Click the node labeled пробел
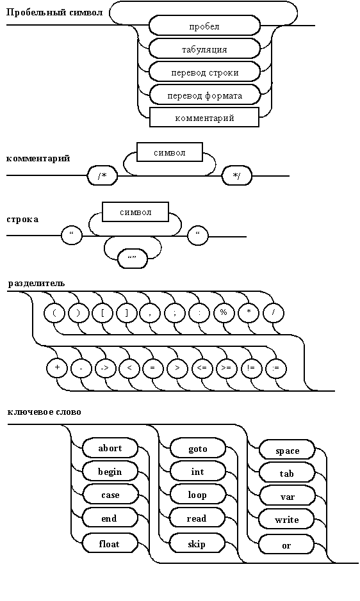(x=204, y=26)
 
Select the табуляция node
(x=204, y=49)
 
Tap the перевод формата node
(x=204, y=95)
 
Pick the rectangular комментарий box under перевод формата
(x=204, y=117)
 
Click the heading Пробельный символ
(x=54, y=13)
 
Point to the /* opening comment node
(x=102, y=176)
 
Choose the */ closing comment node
(x=237, y=176)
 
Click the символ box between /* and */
(x=170, y=152)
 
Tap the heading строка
(x=22, y=220)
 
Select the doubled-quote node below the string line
(x=132, y=259)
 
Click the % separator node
(x=224, y=313)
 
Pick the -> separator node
(x=105, y=368)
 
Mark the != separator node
(x=251, y=368)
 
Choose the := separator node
(x=275, y=368)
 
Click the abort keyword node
(x=110, y=448)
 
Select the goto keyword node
(x=198, y=449)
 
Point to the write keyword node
(x=287, y=520)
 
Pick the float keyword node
(x=110, y=543)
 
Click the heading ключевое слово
(x=44, y=412)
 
